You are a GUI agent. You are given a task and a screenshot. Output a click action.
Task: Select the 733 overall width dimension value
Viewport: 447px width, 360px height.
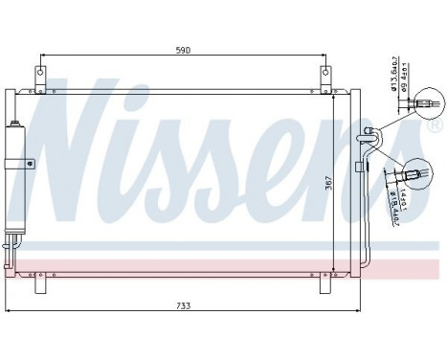coord(181,305)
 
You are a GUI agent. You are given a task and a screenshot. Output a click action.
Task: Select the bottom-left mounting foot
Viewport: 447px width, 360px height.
coord(40,284)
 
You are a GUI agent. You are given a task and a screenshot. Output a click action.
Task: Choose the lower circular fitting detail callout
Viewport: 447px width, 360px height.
coord(417,172)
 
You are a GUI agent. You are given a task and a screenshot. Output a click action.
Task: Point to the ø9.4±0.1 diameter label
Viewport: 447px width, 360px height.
coord(406,74)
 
